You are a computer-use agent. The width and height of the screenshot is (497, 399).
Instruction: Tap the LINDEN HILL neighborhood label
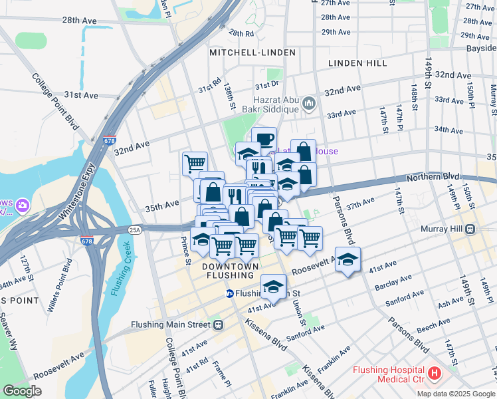point(357,63)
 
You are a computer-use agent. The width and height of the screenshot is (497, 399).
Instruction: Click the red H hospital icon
point(435,374)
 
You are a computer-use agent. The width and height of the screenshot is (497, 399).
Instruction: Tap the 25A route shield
point(135,230)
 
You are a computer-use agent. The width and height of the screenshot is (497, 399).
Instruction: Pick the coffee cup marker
point(264,139)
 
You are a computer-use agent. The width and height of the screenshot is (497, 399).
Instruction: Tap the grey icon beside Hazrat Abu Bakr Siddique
point(308,104)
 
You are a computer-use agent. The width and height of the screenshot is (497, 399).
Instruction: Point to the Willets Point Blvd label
point(60,289)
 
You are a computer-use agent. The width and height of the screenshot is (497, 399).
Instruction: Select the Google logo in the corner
point(23,390)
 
